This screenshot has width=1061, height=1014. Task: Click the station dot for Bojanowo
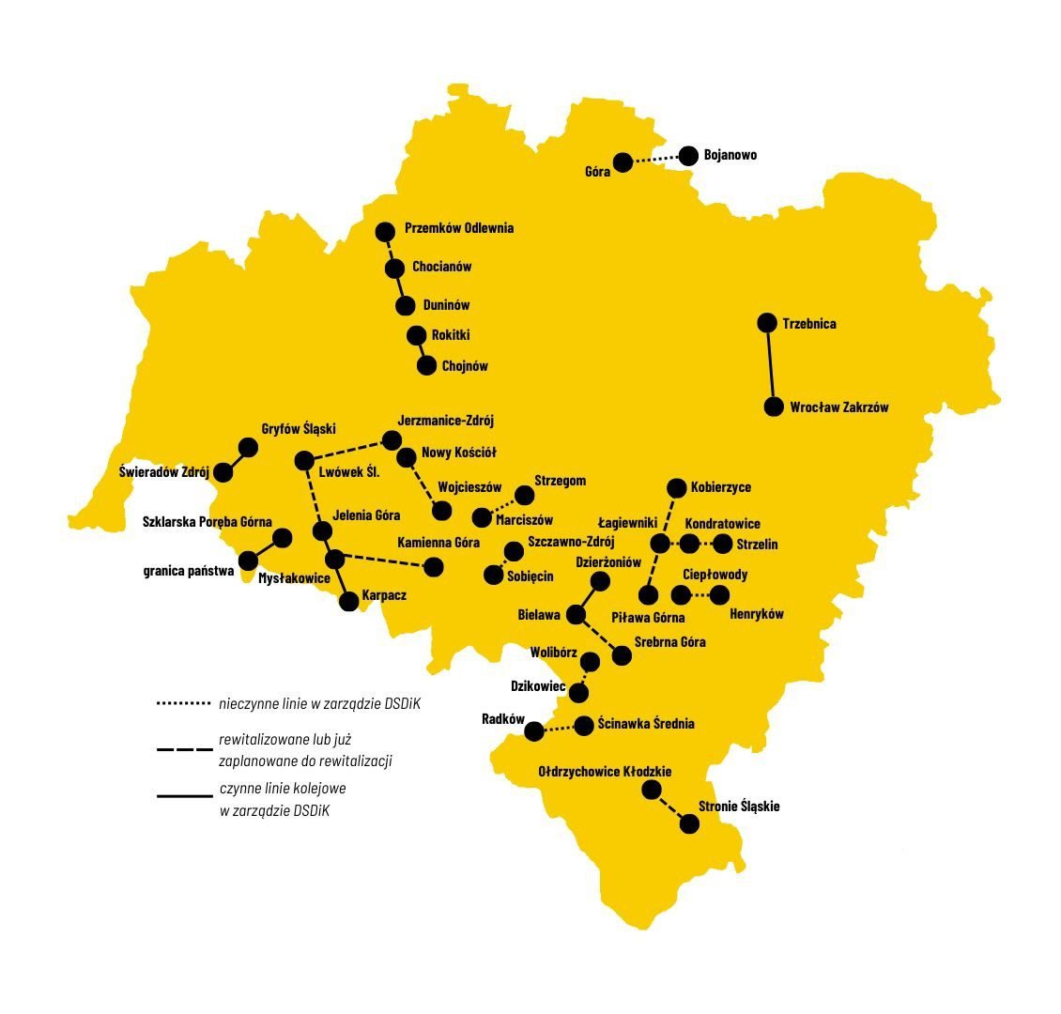[x=689, y=156]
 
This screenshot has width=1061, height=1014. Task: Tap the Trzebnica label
[x=808, y=324]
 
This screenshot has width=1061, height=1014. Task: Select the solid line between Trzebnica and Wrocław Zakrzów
[x=770, y=365]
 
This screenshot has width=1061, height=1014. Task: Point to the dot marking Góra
[x=623, y=163]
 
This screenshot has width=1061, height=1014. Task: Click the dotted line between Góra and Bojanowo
[x=655, y=160]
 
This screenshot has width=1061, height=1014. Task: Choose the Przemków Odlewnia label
[x=459, y=228]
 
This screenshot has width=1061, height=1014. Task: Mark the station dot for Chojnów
[x=427, y=366]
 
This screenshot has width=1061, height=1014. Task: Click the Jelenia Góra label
[x=366, y=515]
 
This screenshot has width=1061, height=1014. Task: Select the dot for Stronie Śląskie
[x=689, y=824]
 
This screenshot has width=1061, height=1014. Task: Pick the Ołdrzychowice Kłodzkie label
[x=605, y=772]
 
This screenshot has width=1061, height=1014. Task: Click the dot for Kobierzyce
[x=676, y=488]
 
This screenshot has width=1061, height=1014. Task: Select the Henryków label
[x=756, y=614]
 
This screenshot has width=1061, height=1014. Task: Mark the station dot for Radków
[x=534, y=730]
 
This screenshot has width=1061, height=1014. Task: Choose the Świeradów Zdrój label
[x=164, y=472]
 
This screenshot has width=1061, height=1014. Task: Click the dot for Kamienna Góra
[x=434, y=566]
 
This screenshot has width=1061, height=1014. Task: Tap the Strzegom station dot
[x=524, y=495]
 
